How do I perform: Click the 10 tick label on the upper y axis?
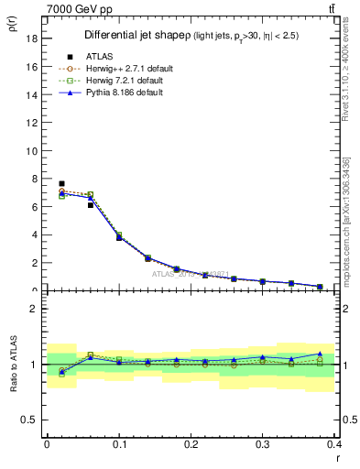point(31,151)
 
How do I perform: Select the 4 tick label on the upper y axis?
point(34,235)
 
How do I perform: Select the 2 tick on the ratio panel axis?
point(34,309)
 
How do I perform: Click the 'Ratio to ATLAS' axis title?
point(12,365)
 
